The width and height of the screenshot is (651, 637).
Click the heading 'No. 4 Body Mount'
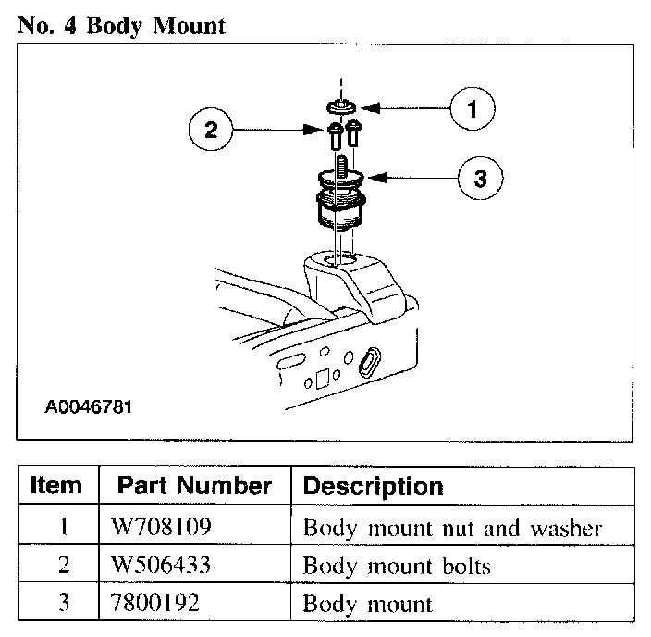(x=121, y=25)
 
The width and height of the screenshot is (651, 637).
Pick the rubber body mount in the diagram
(x=338, y=206)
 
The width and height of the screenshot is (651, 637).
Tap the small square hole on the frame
(x=322, y=379)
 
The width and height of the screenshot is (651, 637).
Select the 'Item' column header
(x=56, y=485)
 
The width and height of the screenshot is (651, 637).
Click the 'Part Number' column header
(x=194, y=485)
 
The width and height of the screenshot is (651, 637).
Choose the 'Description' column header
(x=373, y=485)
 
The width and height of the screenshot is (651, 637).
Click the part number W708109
(x=161, y=529)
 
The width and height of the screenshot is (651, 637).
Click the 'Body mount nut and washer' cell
(x=453, y=529)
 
